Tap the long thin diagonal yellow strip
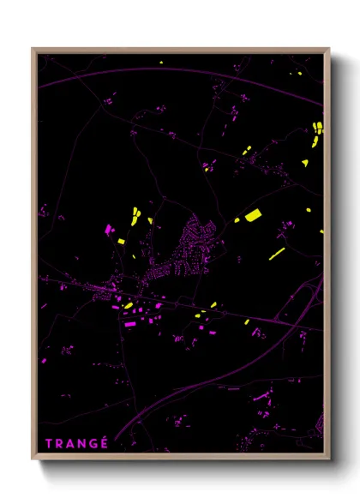[x=277, y=254]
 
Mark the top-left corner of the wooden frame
[x=33, y=49]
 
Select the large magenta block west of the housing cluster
[x=109, y=230]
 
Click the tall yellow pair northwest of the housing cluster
[x=135, y=214]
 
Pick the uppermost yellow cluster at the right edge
[x=316, y=128]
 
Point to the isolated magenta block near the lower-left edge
[x=44, y=361]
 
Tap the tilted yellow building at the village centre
[x=128, y=305]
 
